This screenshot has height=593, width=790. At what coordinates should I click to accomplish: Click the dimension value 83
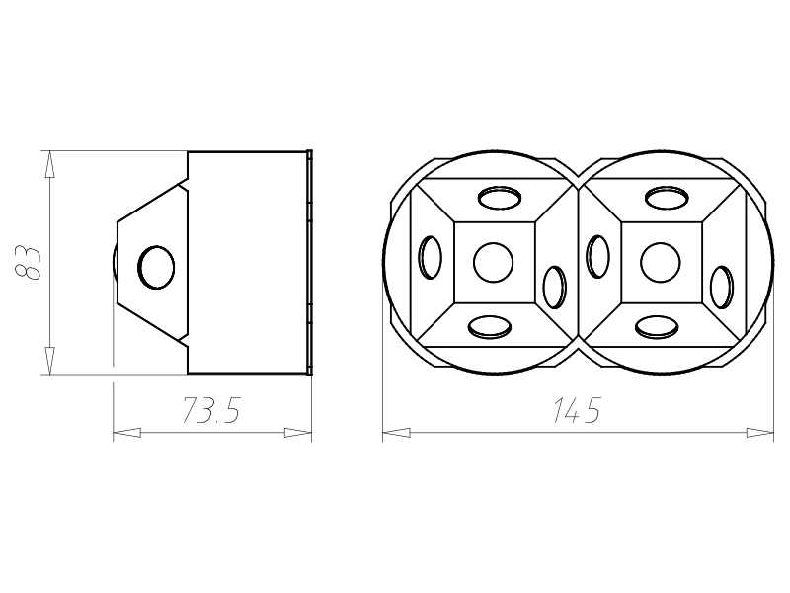pos(29,263)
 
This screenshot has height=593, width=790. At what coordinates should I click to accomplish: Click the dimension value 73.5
pos(211,410)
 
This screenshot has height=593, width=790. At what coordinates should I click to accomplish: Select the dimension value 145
pos(578,410)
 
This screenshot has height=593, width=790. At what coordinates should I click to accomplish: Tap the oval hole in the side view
pos(156,267)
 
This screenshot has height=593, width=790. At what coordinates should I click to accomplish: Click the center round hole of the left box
pos(493,262)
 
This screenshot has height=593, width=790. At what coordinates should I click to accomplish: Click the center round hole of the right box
pos(661,262)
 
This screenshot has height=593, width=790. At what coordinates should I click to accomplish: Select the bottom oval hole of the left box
pos(490,327)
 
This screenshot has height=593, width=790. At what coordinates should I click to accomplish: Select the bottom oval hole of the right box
pos(657,327)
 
